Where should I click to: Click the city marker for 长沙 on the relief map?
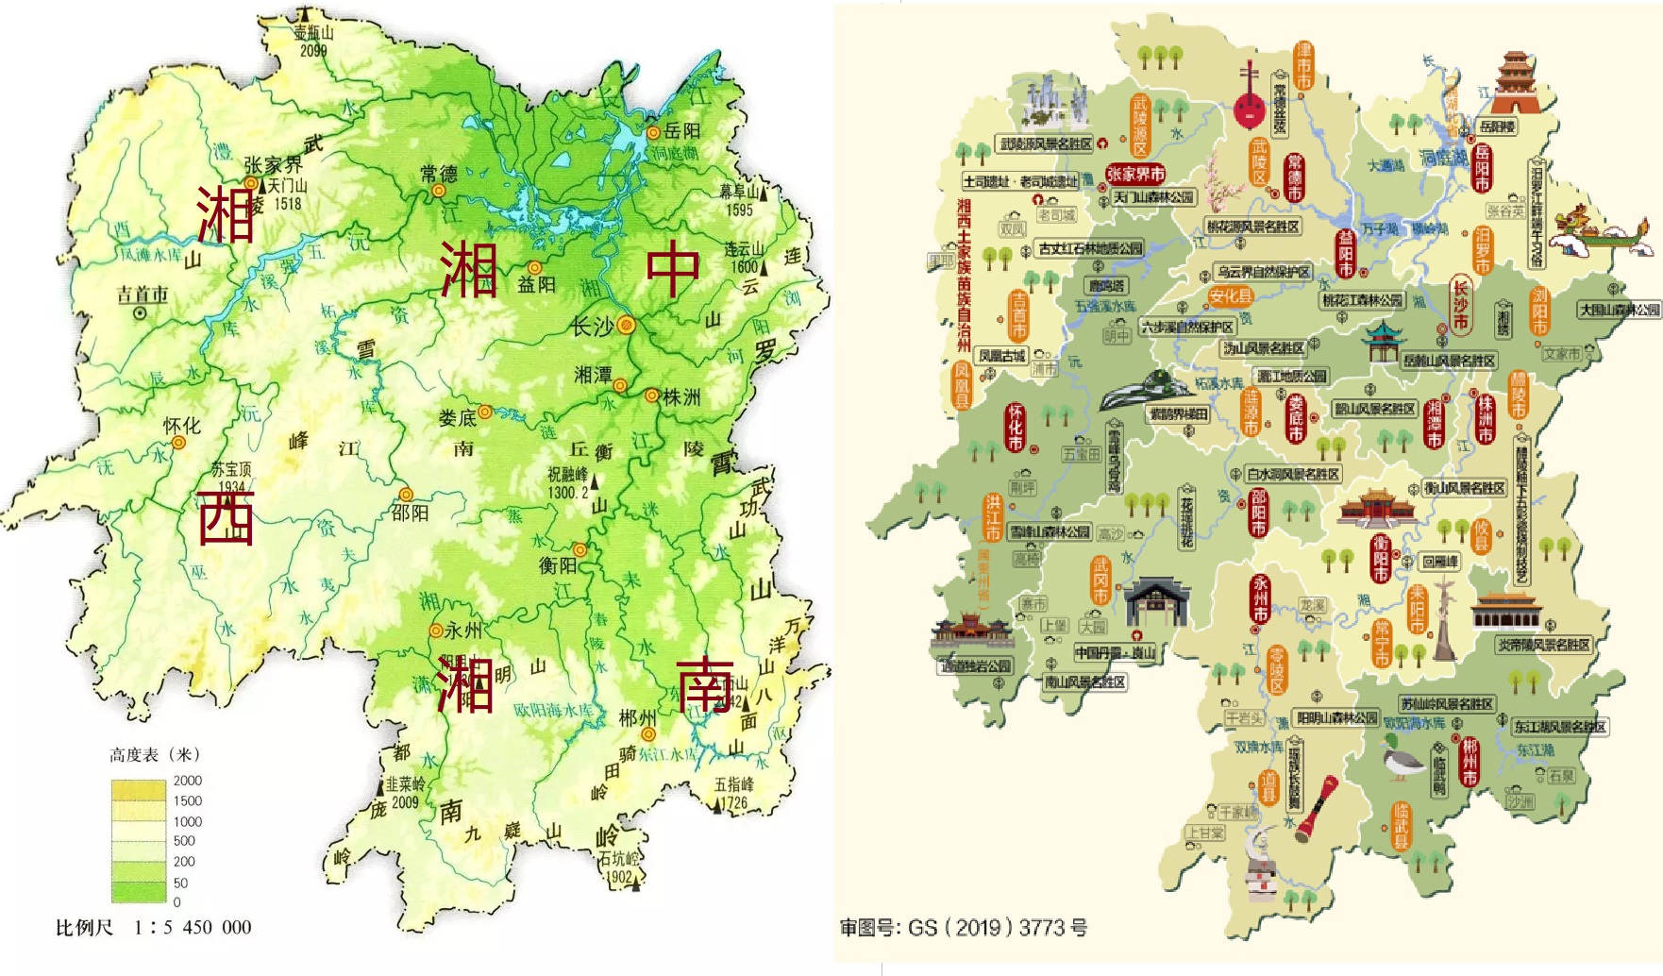click(x=626, y=326)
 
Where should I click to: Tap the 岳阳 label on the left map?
click(x=682, y=131)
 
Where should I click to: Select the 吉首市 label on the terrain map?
click(x=143, y=295)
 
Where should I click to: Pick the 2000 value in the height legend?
click(x=187, y=781)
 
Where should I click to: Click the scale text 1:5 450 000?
click(x=193, y=927)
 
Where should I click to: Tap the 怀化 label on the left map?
click(x=181, y=426)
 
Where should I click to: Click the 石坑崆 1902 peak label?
click(x=618, y=867)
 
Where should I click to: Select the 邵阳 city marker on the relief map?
click(x=406, y=495)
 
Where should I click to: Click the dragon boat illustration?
click(x=1604, y=232)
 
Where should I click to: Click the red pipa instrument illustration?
click(x=1250, y=96)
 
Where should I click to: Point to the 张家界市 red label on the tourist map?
click(x=1135, y=175)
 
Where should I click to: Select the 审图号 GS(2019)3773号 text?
click(x=964, y=928)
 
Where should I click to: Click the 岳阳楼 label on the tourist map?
click(x=1497, y=126)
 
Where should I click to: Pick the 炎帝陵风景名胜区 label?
click(x=1544, y=645)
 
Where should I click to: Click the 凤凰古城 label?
click(x=1001, y=356)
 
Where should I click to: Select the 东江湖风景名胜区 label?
click(x=1559, y=727)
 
